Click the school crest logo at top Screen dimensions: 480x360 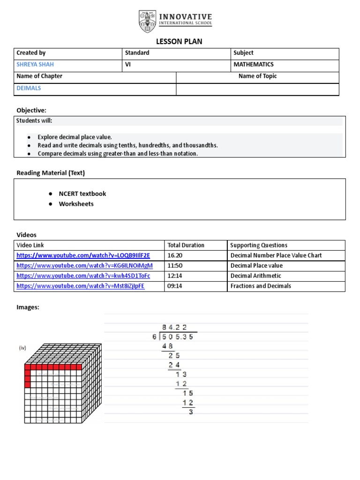[146, 21]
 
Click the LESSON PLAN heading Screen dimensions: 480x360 [180, 42]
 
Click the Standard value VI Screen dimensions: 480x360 [127, 65]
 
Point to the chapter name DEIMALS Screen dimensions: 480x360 [29, 88]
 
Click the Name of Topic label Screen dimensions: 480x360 [257, 76]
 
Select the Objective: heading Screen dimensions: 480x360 [31, 110]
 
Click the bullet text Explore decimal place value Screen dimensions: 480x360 [75, 137]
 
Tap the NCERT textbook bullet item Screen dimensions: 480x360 [82, 194]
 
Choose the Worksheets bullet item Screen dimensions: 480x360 [76, 204]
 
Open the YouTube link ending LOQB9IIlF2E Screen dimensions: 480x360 [83, 255]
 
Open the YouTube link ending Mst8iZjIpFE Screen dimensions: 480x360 [81, 286]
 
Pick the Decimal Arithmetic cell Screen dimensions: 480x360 [256, 276]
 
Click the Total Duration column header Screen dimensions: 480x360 [186, 245]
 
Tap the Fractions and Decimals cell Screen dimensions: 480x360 [261, 286]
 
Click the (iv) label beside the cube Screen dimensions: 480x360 [22, 348]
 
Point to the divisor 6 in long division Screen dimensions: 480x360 [154, 336]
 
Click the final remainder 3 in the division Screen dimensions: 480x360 [191, 412]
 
